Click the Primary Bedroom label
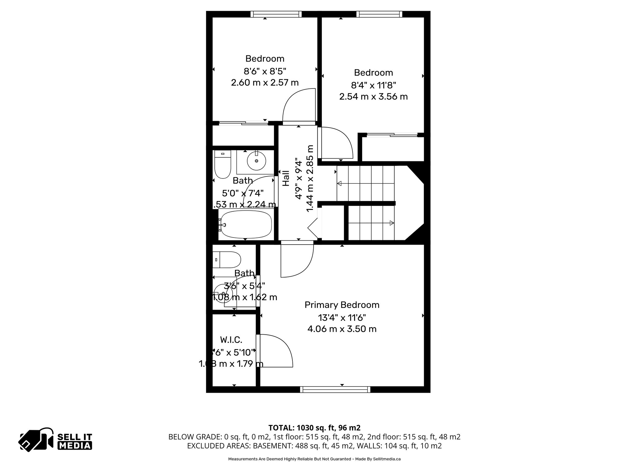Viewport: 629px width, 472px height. pos(342,305)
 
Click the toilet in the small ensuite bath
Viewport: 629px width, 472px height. pos(227,260)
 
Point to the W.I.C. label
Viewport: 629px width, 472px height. pos(231,340)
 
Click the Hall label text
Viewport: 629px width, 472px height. pos(286,178)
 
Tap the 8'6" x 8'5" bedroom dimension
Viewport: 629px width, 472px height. pos(265,71)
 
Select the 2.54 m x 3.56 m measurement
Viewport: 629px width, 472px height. pos(373,96)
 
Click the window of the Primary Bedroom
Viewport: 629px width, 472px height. pos(335,390)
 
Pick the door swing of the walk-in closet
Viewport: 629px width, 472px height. pos(275,351)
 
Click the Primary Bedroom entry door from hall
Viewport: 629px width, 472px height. pos(297,260)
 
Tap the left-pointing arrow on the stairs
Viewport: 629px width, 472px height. pos(340,184)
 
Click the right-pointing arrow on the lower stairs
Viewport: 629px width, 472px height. pos(391,223)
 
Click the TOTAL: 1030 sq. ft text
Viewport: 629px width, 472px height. pos(314,428)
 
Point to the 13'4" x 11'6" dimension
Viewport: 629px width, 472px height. pos(342,317)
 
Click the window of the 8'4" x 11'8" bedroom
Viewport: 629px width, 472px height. pos(379,14)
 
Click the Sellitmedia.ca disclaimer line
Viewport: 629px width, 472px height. pos(314,459)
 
